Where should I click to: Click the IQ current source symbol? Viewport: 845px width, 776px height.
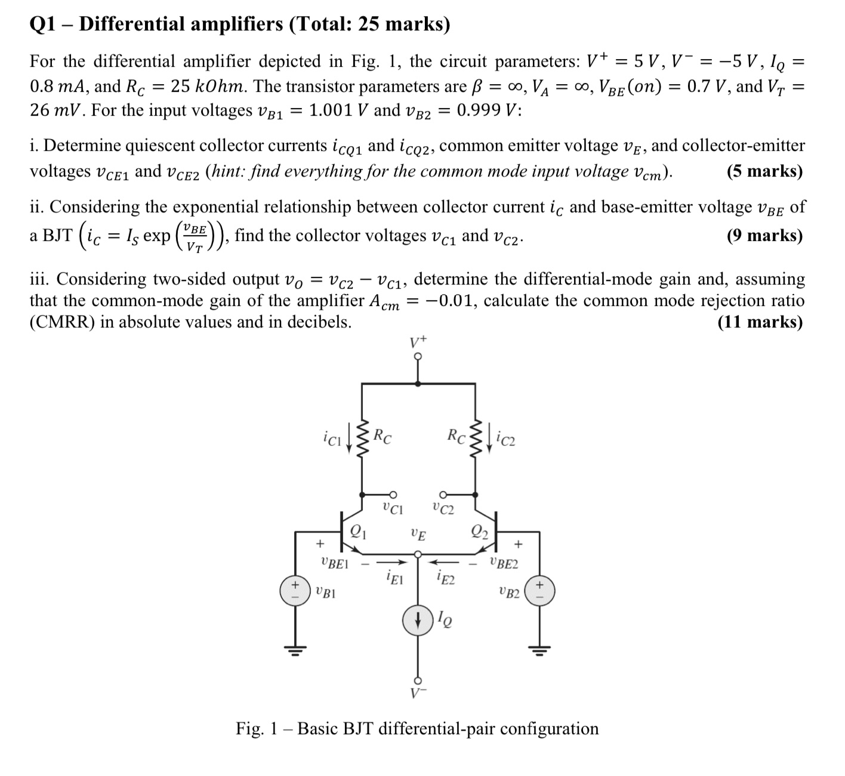pos(418,621)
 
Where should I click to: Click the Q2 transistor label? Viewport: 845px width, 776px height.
pos(479,530)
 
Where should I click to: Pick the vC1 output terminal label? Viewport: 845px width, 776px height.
pos(393,509)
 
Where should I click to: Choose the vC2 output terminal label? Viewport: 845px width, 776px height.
pos(443,509)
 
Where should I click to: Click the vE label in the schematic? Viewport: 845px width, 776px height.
pos(419,533)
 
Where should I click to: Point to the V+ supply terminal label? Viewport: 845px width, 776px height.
pos(418,342)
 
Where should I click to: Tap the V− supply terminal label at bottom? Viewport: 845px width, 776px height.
pos(418,694)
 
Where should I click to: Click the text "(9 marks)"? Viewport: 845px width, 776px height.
pos(765,236)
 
